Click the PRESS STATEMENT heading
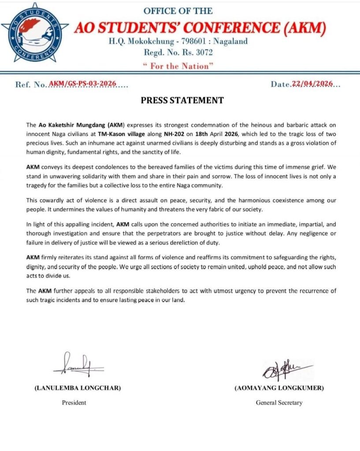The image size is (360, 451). coord(182,100)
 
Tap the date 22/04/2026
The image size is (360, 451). coord(312,84)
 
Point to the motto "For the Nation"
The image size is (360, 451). coord(178,66)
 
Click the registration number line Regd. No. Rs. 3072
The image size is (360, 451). coord(178,53)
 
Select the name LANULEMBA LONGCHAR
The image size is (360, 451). coord(78,388)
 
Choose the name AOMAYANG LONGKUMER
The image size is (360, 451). coord(279,388)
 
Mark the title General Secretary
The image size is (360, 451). coord(279,402)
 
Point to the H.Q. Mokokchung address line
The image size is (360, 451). coord(178,42)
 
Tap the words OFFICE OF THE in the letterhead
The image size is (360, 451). coord(178,11)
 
